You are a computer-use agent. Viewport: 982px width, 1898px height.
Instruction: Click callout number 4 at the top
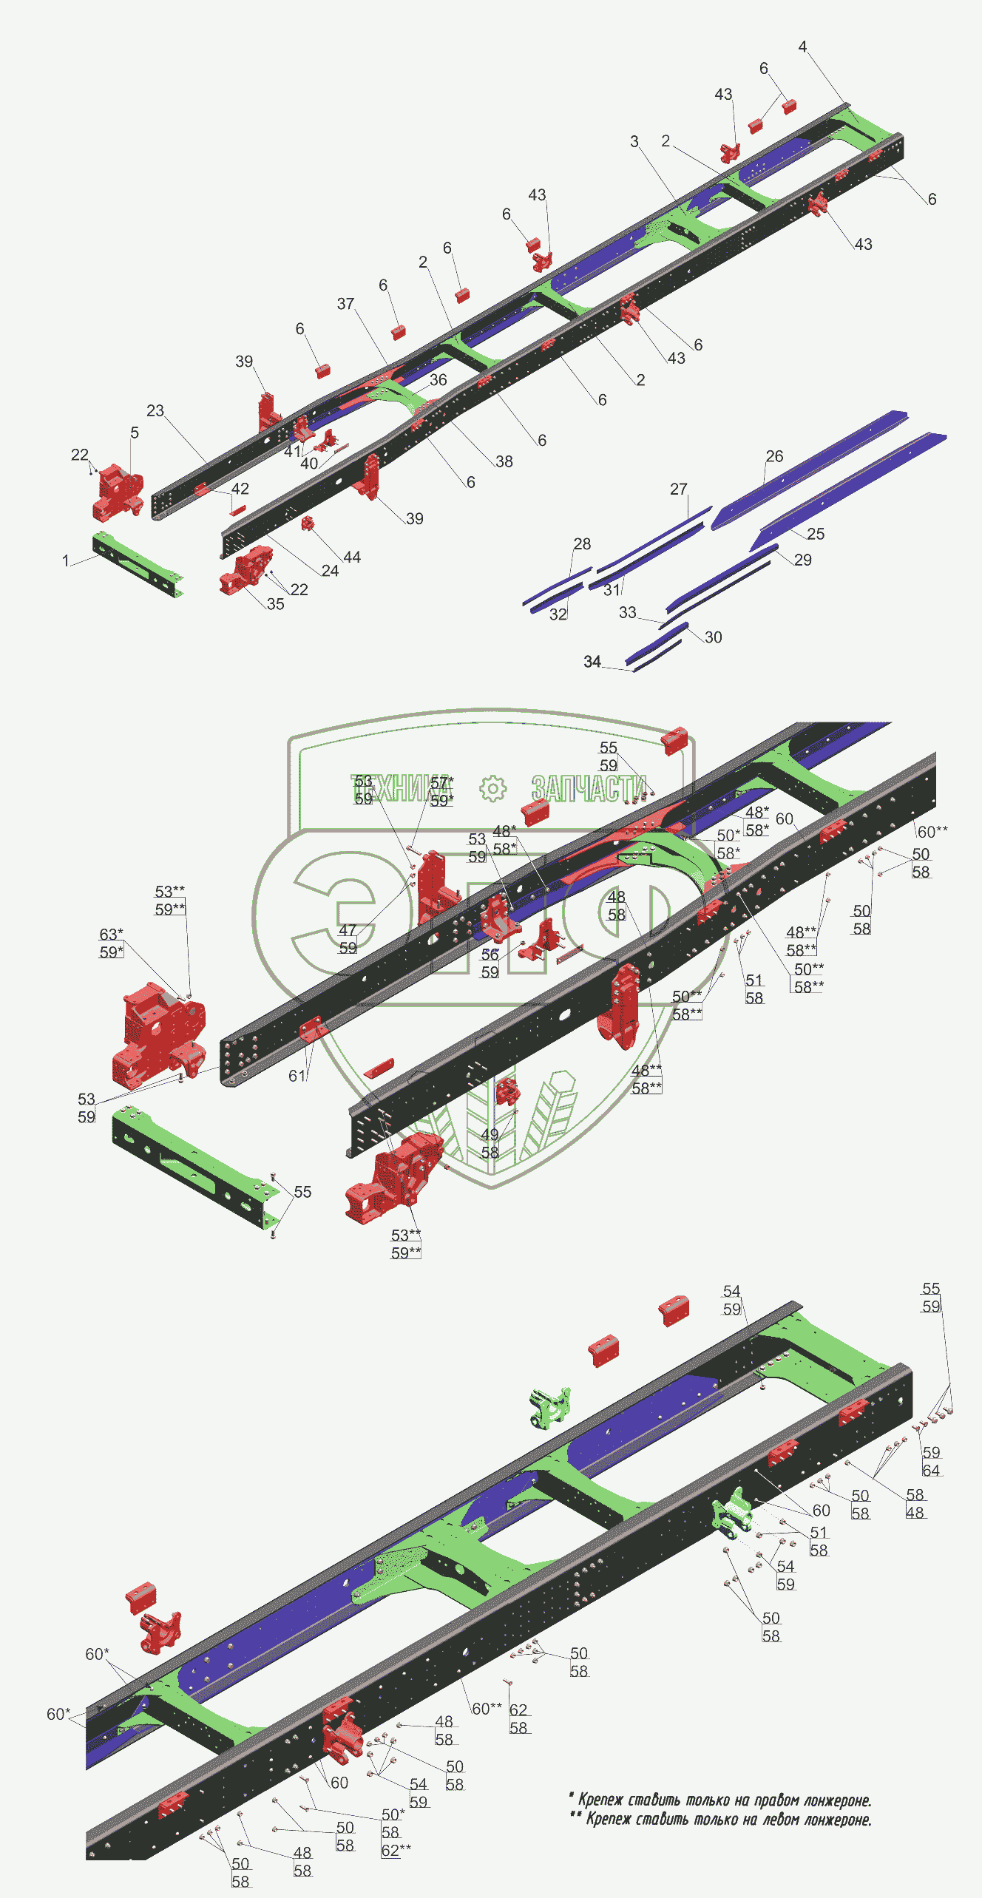(802, 47)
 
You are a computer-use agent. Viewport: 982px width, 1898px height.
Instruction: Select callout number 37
(345, 304)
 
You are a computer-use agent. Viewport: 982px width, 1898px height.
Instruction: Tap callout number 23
(155, 410)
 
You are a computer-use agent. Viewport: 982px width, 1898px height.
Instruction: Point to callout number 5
(134, 433)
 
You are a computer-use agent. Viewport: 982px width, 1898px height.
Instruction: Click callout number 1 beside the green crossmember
(66, 561)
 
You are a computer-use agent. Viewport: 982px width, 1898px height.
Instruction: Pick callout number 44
(352, 557)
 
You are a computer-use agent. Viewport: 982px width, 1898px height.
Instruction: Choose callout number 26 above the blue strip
(774, 456)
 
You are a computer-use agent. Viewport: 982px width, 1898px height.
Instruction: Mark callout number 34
(592, 662)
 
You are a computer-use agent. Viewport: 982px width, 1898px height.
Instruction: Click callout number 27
(678, 489)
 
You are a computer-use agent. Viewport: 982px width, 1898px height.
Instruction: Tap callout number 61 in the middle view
(297, 1076)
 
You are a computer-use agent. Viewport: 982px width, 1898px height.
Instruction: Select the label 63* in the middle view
(111, 935)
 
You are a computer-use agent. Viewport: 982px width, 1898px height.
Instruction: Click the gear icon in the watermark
(492, 789)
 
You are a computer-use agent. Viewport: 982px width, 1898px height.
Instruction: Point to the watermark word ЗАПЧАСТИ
(589, 789)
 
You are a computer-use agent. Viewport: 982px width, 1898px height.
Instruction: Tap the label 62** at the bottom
(396, 1850)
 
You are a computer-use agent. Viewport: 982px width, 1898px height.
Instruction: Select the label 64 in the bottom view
(931, 1471)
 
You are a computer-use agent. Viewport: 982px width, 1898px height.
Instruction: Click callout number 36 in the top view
(438, 380)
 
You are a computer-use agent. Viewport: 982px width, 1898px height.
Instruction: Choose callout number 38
(504, 461)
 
